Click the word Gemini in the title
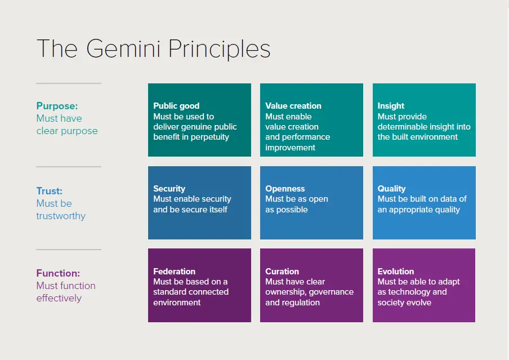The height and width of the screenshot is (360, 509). coord(124,49)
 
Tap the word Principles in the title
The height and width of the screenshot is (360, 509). coord(220,50)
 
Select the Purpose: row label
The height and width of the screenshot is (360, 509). coord(57,106)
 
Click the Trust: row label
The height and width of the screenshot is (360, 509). coord(50,191)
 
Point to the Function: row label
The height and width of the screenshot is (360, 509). coord(58,273)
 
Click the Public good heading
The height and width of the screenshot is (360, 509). coord(176,106)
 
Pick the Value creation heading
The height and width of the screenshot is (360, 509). coord(293,106)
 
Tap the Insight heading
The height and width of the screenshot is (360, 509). coord(391,106)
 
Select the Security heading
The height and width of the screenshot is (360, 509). coord(169,189)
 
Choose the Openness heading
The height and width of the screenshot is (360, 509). coord(285,189)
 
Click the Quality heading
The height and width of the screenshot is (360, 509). coord(391,189)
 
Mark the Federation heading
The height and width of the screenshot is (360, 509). coord(175,272)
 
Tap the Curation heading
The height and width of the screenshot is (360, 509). coord(282,272)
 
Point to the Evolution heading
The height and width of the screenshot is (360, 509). coord(396,272)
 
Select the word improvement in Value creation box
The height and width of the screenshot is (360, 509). coord(290,148)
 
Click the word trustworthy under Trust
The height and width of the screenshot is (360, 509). coord(61,216)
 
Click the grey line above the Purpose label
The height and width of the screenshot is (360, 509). coord(69,83)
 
